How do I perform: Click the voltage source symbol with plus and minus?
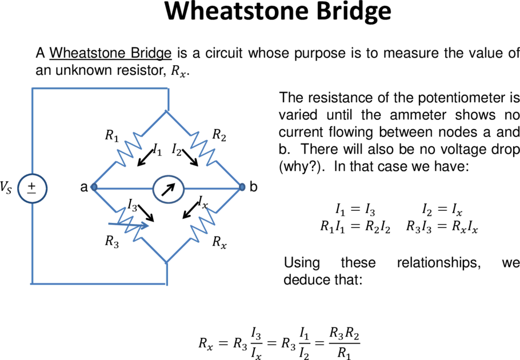click(32, 189)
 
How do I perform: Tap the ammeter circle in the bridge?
click(168, 189)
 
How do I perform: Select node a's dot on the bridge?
click(94, 187)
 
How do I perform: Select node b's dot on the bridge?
click(242, 187)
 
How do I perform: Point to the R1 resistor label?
click(112, 136)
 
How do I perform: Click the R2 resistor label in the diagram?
click(219, 135)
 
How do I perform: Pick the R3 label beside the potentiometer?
click(112, 242)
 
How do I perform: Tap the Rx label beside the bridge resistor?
click(219, 242)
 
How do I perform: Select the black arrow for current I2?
click(190, 158)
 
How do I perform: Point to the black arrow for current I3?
click(146, 213)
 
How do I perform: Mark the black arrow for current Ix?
click(191, 210)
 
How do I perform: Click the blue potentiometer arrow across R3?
click(129, 225)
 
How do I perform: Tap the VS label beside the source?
click(6, 187)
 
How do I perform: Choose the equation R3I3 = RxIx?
click(442, 227)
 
